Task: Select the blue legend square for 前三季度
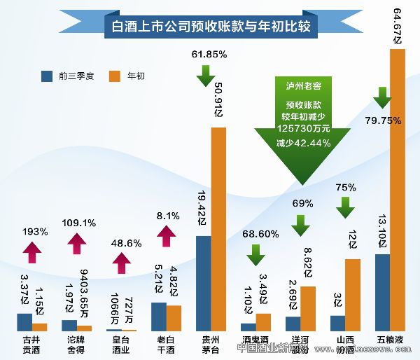(47, 75)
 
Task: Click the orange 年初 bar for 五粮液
(398, 189)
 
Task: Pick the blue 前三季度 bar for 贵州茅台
(204, 283)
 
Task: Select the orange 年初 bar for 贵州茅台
(218, 228)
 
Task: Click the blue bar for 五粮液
(383, 292)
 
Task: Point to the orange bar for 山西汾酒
(353, 294)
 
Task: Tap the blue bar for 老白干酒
(159, 316)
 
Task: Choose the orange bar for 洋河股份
(308, 308)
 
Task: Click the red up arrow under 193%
(33, 249)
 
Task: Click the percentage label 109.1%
(79, 223)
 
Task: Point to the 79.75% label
(383, 120)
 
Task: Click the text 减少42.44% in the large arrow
(302, 143)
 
